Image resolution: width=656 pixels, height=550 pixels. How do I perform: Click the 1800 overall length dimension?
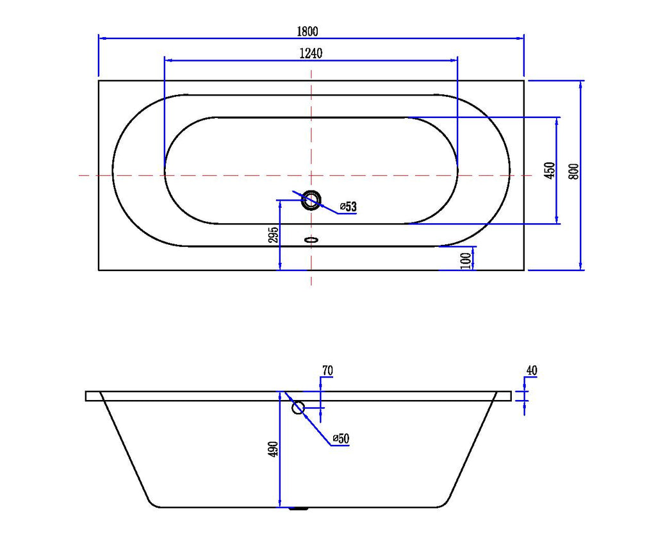(x=307, y=31)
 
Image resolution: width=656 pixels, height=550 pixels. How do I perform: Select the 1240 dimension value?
(x=311, y=54)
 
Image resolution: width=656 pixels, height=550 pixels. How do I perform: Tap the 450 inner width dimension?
(x=550, y=171)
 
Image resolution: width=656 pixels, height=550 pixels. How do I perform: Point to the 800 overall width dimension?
(x=574, y=172)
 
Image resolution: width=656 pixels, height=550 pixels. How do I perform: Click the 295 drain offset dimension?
(x=273, y=235)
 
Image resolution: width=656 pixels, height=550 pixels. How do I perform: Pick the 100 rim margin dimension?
(x=466, y=260)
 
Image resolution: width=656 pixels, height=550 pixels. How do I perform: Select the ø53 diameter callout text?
(x=348, y=206)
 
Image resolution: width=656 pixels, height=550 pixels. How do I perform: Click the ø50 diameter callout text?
(x=341, y=438)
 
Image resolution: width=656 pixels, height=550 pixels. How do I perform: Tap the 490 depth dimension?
(x=273, y=449)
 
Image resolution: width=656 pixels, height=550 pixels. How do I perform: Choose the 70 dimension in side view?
(x=327, y=371)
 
